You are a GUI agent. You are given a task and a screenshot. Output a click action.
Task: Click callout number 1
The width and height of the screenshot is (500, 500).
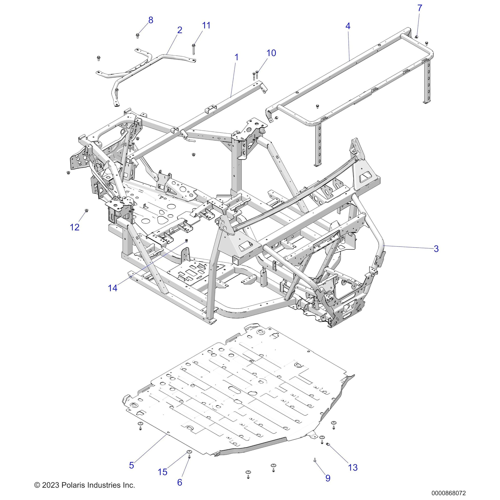click(x=236, y=57)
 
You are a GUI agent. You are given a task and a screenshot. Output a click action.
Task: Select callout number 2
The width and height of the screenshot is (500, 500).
click(x=180, y=30)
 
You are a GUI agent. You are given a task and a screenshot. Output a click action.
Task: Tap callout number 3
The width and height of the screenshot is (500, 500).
click(x=436, y=249)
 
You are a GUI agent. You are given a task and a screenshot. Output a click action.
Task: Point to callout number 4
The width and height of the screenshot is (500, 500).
click(x=348, y=26)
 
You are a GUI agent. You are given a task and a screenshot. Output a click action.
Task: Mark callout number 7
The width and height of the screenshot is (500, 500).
click(x=420, y=8)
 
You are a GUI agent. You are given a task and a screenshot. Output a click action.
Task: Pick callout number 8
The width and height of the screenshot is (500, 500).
click(x=151, y=20)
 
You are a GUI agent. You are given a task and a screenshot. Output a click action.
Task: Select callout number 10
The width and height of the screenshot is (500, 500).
click(x=271, y=53)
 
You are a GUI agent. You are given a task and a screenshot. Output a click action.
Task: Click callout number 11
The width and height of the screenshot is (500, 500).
click(x=206, y=25)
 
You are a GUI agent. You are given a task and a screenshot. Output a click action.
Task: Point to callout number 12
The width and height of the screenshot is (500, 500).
click(x=75, y=227)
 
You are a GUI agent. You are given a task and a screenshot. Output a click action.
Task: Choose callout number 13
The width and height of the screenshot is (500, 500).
click(x=353, y=467)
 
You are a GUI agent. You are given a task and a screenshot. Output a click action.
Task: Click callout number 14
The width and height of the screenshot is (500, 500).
click(x=113, y=288)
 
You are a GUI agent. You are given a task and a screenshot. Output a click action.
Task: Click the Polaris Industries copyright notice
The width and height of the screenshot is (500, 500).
click(x=85, y=485)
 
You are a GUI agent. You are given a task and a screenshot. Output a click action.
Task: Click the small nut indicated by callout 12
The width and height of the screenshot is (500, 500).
click(x=86, y=210)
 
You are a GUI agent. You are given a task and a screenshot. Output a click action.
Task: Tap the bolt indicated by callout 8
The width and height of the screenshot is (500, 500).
click(x=138, y=36)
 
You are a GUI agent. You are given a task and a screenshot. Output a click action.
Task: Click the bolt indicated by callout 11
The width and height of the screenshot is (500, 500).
click(x=193, y=48)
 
